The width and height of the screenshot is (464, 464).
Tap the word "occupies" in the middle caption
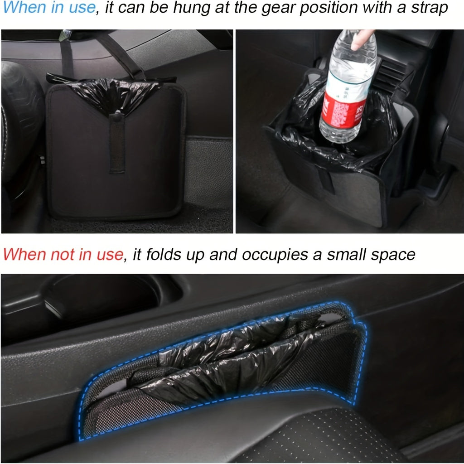click(272, 255)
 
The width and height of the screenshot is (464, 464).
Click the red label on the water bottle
click(342, 112)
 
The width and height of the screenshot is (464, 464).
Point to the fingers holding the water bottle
click(362, 39)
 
